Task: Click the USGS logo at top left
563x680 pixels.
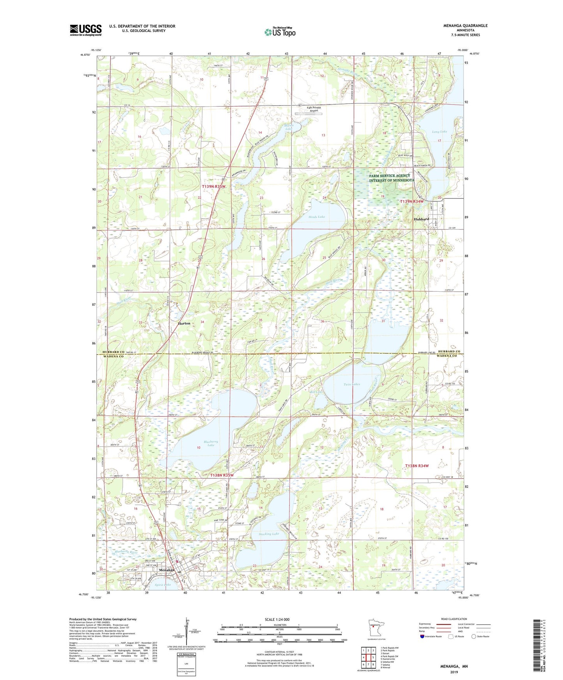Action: [86, 30]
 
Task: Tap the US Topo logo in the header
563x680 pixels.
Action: [280, 32]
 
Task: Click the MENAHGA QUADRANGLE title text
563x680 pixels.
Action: [465, 26]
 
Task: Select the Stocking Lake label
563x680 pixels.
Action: [269, 534]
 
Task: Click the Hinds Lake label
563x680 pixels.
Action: [316, 217]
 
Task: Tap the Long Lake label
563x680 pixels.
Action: [439, 132]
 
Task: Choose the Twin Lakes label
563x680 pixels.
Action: [352, 384]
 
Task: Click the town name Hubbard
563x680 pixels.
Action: [421, 219]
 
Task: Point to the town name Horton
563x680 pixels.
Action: [184, 323]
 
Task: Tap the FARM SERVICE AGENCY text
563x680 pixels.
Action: [390, 176]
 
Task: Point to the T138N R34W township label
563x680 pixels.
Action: [417, 466]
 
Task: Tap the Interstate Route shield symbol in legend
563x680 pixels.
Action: [423, 637]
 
